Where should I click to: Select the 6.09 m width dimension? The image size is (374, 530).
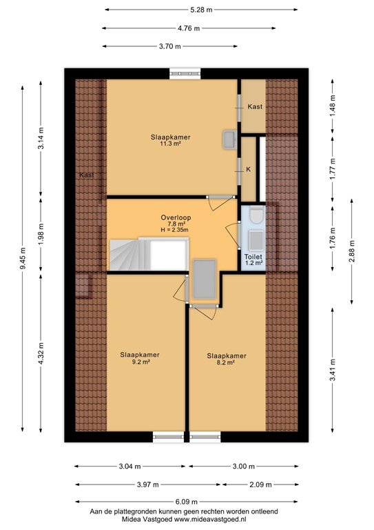point(188,502)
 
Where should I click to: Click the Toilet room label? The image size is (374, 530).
point(253,257)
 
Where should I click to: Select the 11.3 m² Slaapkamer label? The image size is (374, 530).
point(171,140)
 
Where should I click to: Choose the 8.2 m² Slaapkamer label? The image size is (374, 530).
point(227,358)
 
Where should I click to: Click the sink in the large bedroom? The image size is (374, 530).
point(228,139)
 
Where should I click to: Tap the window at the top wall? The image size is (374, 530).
point(185,71)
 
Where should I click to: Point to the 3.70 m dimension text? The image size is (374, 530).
point(169,46)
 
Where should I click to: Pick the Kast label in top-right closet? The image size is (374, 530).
point(254,106)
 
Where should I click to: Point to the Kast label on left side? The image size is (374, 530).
point(87,175)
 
